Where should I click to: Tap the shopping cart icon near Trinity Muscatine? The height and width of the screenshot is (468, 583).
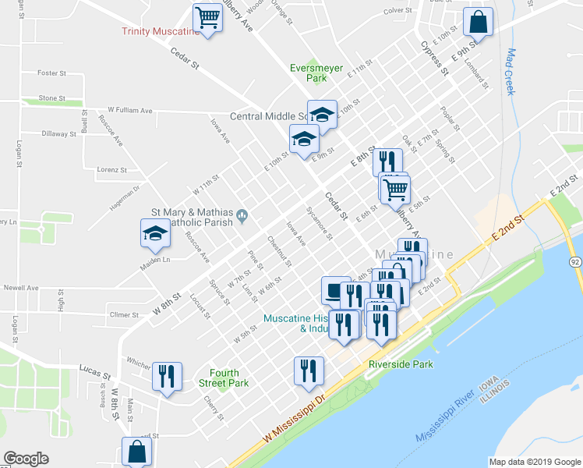(207, 17)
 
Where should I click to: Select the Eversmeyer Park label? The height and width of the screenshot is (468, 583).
(316, 73)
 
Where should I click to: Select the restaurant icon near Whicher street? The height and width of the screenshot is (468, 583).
(167, 377)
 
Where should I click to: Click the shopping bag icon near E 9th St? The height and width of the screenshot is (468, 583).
(478, 23)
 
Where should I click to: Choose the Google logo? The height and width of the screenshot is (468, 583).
(26, 459)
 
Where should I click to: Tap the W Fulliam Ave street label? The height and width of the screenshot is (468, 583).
(130, 111)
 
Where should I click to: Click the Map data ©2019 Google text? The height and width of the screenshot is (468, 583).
(535, 462)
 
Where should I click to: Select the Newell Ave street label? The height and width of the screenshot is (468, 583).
(22, 287)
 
